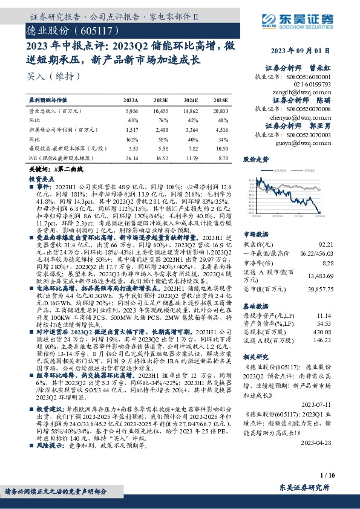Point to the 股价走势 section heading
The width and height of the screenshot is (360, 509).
tap(257, 160)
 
